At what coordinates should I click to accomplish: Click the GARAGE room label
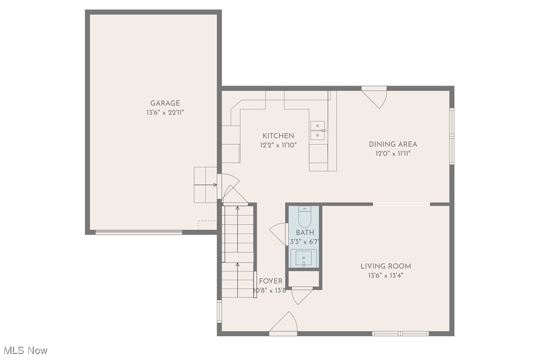click(165, 103)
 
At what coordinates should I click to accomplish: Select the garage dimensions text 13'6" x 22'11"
click(165, 113)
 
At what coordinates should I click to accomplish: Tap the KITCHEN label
click(278, 136)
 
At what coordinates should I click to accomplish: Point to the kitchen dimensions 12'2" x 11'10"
click(278, 145)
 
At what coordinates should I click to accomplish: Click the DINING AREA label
click(393, 144)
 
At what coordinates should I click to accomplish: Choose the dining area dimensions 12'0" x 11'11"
click(393, 154)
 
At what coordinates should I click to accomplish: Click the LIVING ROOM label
click(386, 266)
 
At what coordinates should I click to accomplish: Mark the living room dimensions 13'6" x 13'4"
click(386, 275)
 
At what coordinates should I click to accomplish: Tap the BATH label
click(305, 232)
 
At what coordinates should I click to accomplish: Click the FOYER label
click(270, 281)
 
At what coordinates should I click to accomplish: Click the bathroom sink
click(304, 258)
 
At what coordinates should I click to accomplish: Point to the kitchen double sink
click(318, 130)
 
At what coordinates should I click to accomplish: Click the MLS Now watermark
click(24, 351)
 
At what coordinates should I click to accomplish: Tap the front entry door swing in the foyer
click(283, 324)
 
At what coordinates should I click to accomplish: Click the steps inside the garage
click(205, 184)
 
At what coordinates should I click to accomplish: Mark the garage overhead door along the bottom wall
click(139, 232)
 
